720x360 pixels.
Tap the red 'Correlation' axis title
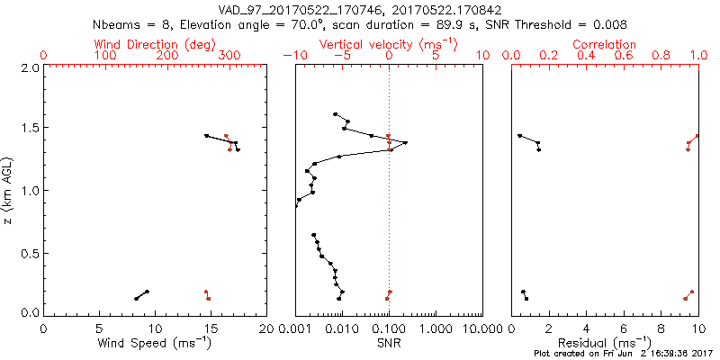click(x=605, y=44)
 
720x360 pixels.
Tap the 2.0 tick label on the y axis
click(x=29, y=67)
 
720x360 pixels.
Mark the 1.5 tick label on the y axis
click(x=29, y=129)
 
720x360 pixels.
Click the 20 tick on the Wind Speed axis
click(x=266, y=328)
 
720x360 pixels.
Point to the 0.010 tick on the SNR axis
click(x=342, y=328)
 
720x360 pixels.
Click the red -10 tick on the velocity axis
click(x=295, y=56)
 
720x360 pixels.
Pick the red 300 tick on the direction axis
click(x=230, y=56)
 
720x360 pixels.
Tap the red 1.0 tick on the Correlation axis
click(x=697, y=56)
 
